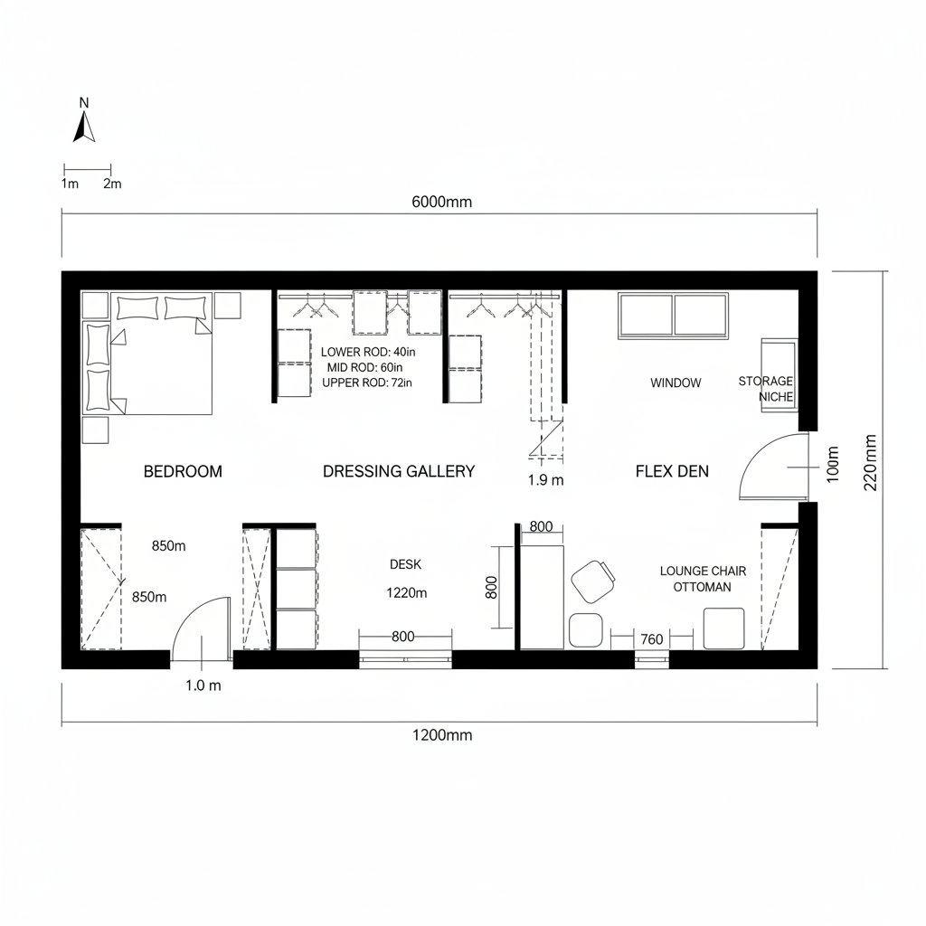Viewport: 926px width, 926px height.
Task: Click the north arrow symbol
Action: coord(84,122)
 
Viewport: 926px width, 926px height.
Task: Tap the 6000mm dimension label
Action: coord(441,203)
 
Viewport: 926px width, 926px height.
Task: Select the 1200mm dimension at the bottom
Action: coord(441,735)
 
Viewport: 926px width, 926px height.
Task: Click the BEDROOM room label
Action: coord(183,471)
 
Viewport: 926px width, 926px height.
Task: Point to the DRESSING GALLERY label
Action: coord(399,471)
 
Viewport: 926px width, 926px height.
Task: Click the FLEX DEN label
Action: coord(672,471)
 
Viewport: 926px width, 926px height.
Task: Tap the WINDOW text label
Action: coord(676,383)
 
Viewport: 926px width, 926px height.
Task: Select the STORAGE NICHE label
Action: coord(767,389)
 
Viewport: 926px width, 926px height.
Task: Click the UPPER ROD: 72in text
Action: coord(366,383)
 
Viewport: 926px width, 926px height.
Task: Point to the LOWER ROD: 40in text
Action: coord(367,351)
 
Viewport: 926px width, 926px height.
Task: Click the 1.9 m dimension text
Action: coord(545,480)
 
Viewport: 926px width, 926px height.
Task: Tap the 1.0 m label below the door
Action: coord(203,685)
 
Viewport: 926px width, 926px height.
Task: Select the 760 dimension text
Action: coord(651,639)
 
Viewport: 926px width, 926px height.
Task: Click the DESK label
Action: coord(405,564)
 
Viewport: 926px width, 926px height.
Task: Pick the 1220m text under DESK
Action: coord(405,594)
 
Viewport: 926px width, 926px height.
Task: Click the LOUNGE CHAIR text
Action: coord(703,571)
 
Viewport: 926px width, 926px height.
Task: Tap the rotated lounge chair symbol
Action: coord(594,581)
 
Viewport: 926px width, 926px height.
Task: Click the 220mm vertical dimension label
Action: coord(871,462)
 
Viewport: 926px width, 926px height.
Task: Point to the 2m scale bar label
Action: coord(112,184)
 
